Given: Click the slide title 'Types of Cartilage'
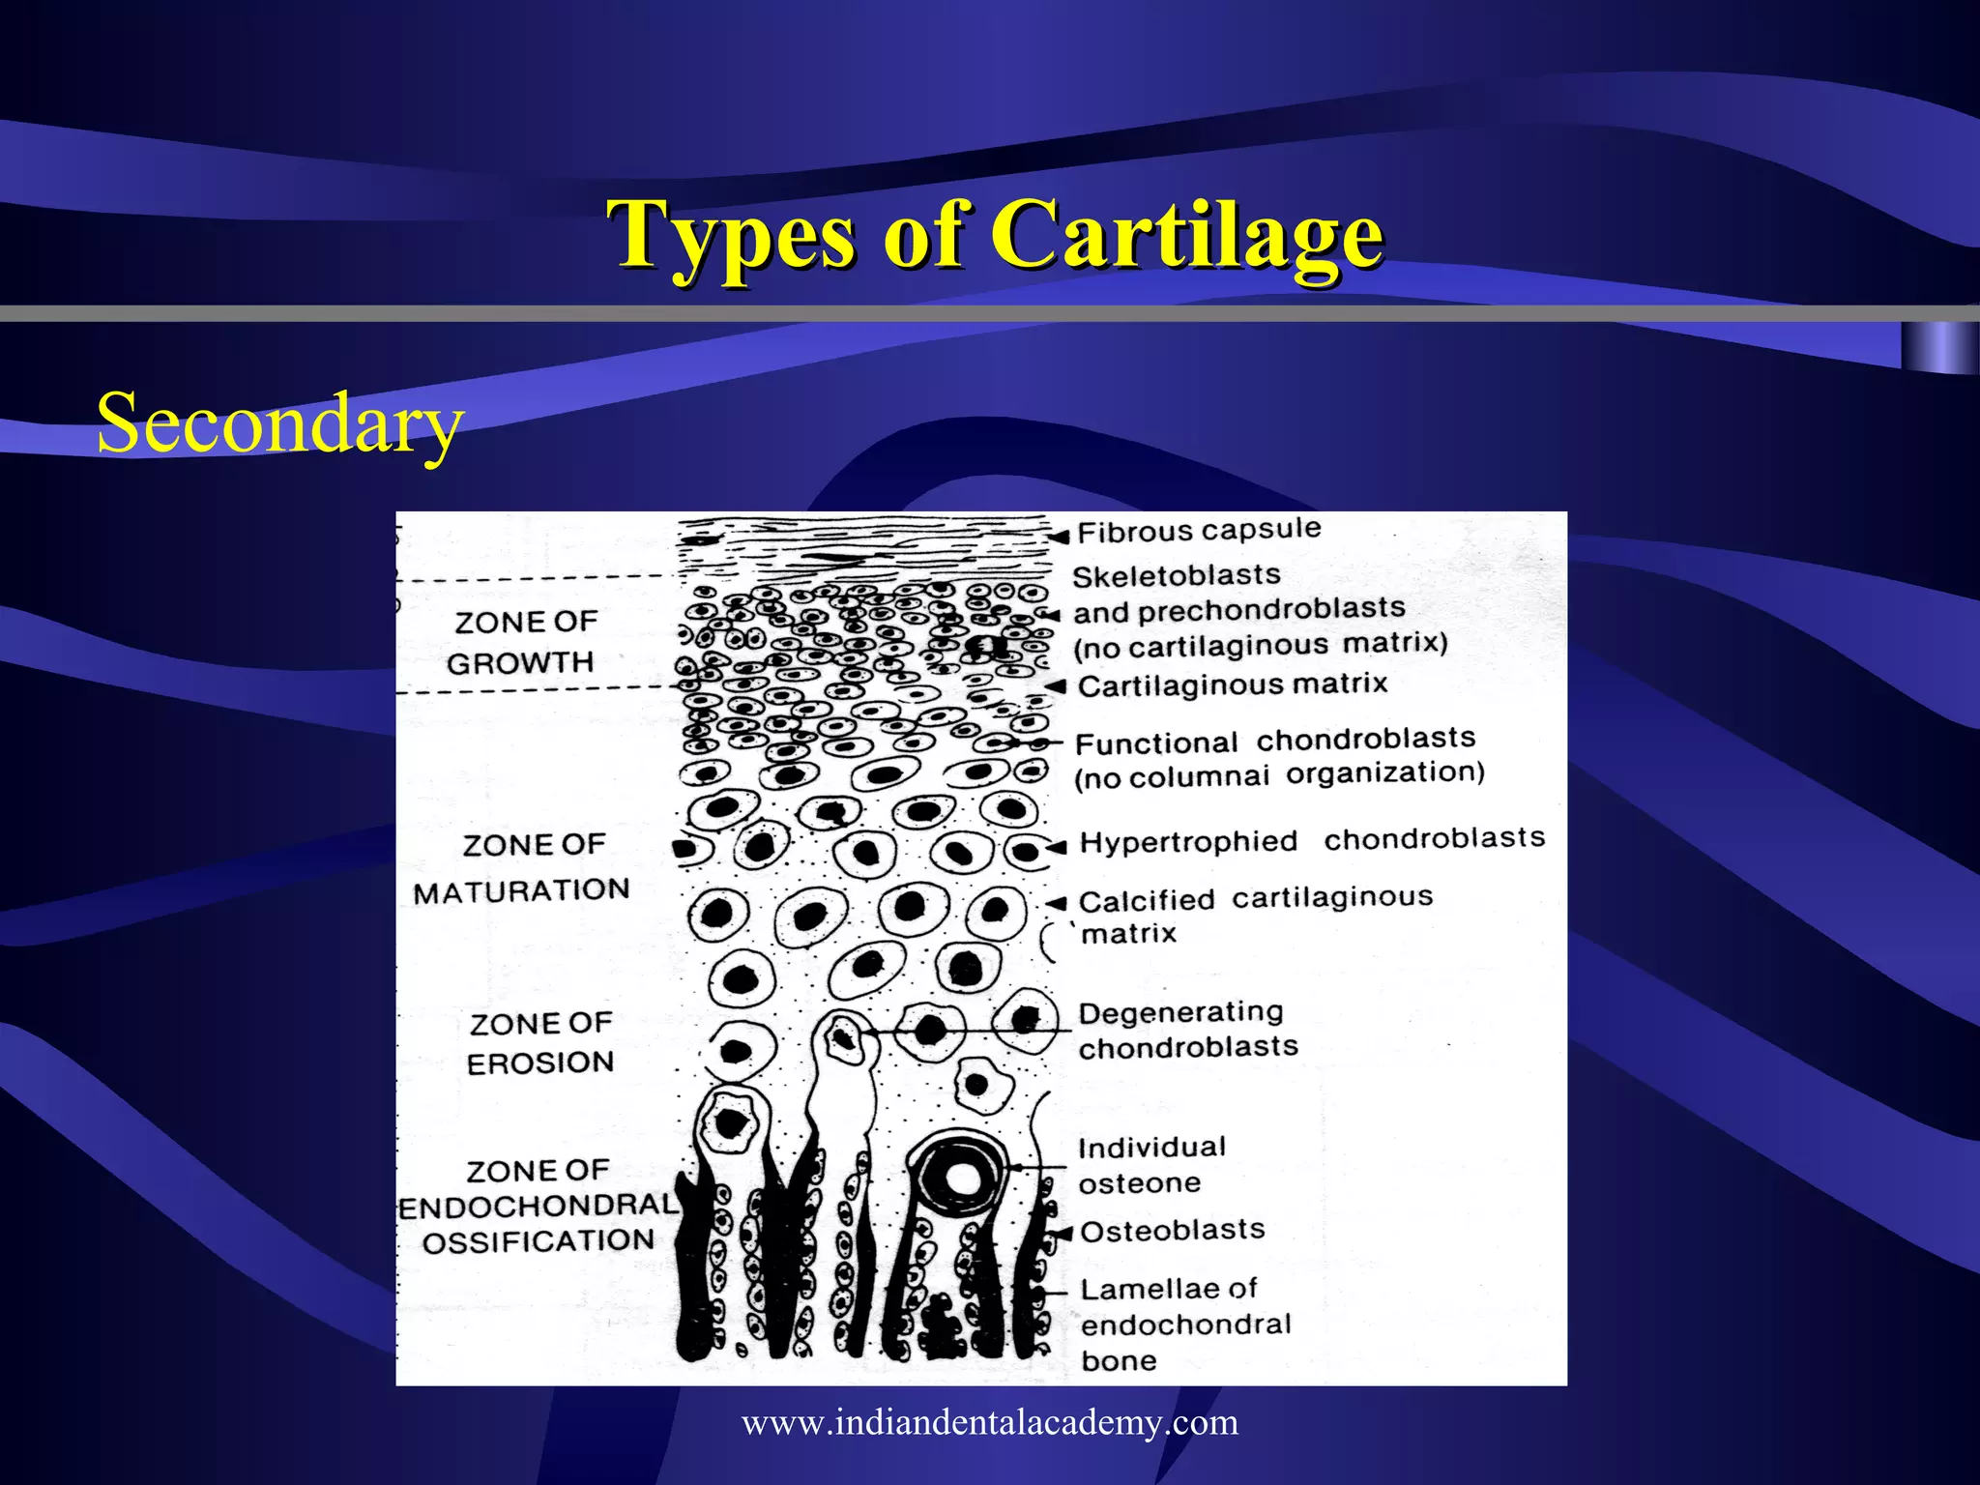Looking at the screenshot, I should point(995,234).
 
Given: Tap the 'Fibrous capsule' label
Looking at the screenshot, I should point(1199,531).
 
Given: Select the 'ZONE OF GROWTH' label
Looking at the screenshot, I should point(523,642).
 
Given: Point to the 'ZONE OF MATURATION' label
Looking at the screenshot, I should point(523,867).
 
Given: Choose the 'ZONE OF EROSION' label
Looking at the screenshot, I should point(539,1042).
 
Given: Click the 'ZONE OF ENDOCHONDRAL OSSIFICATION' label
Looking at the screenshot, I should point(538,1206).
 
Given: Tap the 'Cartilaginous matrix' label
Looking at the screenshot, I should point(1233,685).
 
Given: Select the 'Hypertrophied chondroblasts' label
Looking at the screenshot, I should point(1312,840).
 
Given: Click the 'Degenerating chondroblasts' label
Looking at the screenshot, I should point(1187,1030).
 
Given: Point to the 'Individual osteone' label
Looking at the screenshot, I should point(1150,1165).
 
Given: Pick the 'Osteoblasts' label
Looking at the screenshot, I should point(1172,1231).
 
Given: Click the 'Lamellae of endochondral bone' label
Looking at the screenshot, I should point(1184,1324).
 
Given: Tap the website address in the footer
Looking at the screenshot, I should point(990,1422).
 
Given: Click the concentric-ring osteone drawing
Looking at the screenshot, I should point(962,1177).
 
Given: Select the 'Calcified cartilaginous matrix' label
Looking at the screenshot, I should point(1254,915).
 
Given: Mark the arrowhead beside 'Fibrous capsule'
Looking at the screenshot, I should point(1061,536).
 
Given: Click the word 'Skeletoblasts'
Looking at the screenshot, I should point(1177,576).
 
